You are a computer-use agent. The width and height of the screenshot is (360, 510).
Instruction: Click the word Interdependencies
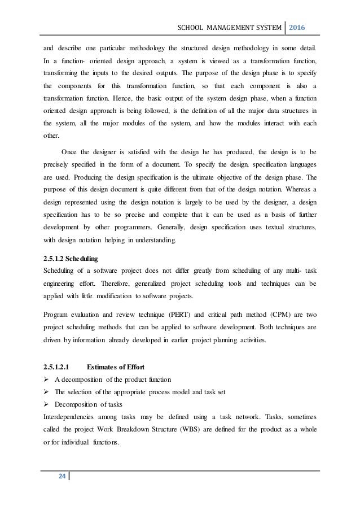coord(67,418)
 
